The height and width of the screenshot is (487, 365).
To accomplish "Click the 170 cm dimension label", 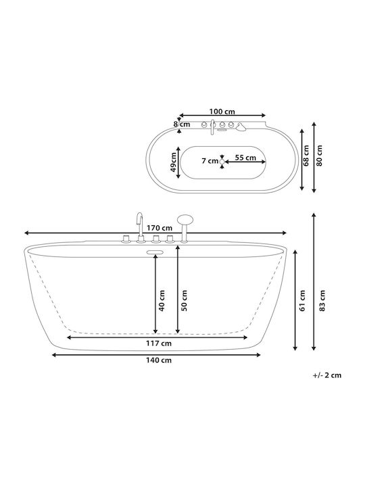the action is [x=160, y=228].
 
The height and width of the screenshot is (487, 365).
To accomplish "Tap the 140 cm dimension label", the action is [x=159, y=361].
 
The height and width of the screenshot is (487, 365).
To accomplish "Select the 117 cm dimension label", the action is [x=159, y=343].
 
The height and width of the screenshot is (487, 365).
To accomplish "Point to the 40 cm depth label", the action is [x=162, y=300].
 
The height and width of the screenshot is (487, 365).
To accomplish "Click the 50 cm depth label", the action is [x=184, y=300].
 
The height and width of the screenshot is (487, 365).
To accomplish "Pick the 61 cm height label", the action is [x=303, y=300].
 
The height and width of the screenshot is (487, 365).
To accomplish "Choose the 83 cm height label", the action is [x=322, y=300].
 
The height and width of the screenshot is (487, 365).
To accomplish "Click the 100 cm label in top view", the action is [x=222, y=112].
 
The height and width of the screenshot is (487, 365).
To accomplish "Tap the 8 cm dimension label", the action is [x=182, y=124].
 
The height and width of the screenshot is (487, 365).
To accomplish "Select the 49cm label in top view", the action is [x=174, y=162].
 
